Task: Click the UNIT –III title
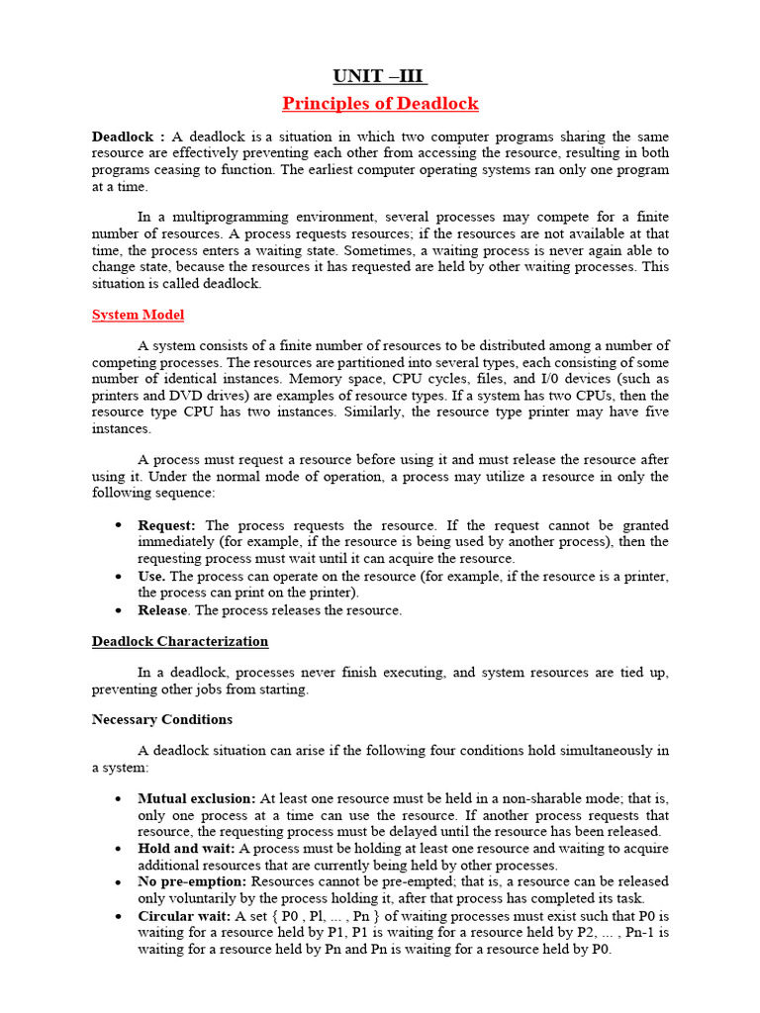[x=380, y=76]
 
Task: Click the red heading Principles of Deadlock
[x=380, y=104]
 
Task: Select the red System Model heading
[x=138, y=315]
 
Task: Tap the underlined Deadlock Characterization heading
[x=180, y=641]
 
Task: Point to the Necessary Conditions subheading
[x=162, y=719]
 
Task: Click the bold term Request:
[x=167, y=525]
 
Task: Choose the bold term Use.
[x=152, y=576]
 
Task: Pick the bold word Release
[x=162, y=610]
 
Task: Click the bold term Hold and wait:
[x=186, y=848]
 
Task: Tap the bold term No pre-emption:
[x=193, y=880]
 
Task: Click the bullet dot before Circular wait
[x=118, y=916]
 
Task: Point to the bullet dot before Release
[x=118, y=610]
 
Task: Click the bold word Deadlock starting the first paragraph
[x=123, y=136]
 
